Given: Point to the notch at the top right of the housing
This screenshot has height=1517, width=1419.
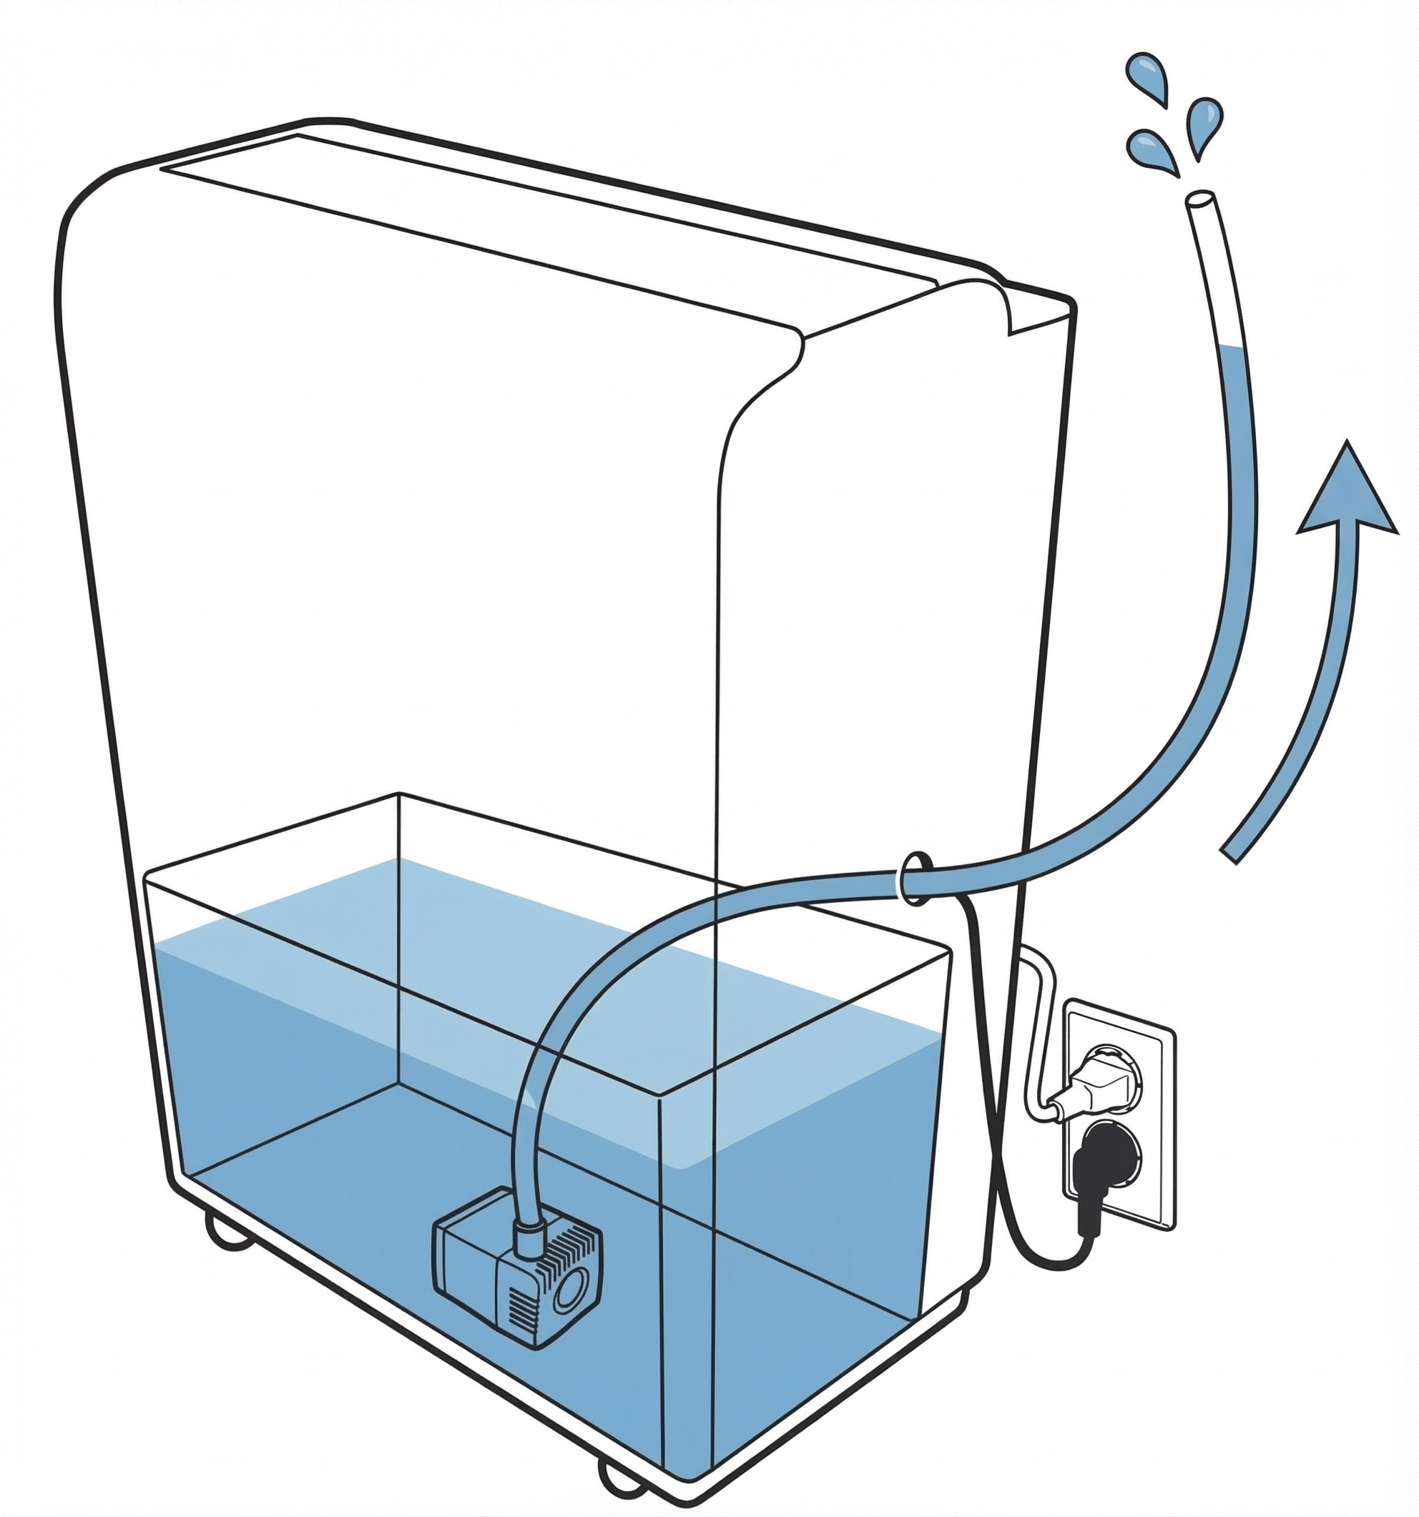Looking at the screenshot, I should click(x=1008, y=309).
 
